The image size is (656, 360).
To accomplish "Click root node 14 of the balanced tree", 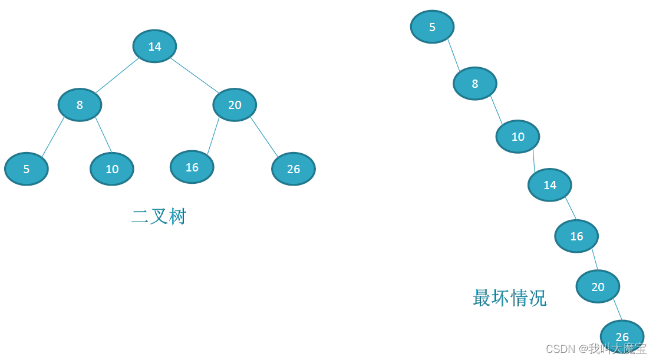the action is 154,47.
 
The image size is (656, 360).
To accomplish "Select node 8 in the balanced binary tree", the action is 80,105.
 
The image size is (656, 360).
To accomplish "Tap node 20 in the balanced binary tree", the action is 235,105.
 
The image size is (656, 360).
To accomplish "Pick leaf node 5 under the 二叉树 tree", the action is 27,169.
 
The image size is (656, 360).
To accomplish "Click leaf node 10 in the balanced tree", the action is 112,169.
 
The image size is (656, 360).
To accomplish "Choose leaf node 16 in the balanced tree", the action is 192,167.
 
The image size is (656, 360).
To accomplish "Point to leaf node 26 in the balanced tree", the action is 294,169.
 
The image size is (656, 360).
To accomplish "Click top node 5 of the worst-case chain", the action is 432,27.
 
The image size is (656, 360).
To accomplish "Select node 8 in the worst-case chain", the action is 475,84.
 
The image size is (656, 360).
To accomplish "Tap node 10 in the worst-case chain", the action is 517,137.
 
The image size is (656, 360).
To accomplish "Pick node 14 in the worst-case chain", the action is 550,185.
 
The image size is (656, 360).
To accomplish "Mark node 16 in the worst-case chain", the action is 576,236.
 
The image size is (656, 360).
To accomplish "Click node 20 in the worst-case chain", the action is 598,287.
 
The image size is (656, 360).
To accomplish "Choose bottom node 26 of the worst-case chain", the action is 622,336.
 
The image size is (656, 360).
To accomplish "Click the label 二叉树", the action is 159,217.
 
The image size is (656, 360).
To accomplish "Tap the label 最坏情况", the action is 509,298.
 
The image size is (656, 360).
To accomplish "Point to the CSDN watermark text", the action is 596,349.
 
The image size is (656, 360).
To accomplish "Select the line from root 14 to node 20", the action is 195,75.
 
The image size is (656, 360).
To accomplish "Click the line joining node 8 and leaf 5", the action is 52,137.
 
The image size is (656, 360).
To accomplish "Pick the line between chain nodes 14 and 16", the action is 571,208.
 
